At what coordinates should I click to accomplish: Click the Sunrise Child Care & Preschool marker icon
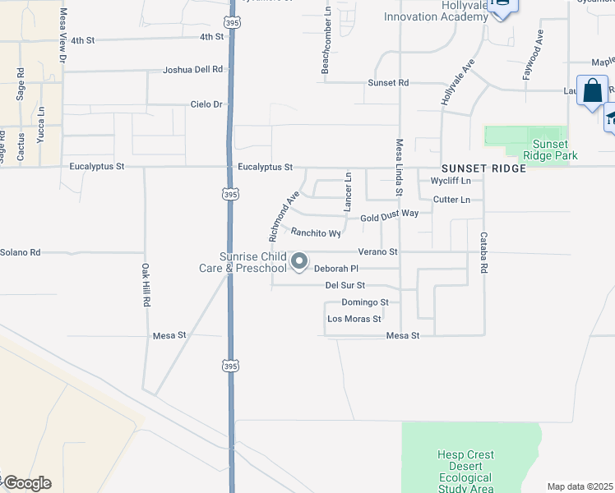pos(300,262)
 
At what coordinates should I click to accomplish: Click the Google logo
pos(26,483)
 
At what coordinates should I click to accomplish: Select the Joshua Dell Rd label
pos(193,71)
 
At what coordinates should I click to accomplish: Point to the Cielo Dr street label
pos(206,104)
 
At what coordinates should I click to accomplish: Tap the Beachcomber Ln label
pos(326,42)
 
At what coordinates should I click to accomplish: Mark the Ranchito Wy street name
pos(311,233)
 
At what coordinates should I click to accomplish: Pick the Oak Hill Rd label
pos(145,285)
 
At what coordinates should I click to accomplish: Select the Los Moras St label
pos(354,319)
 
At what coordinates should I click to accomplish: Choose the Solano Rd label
pos(21,252)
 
